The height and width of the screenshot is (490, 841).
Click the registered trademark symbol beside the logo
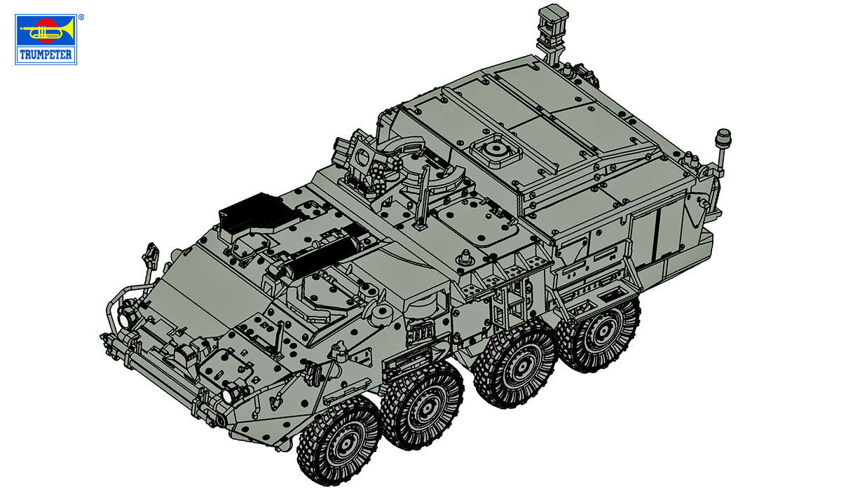81,16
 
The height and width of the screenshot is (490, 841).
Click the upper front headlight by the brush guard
128,318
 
